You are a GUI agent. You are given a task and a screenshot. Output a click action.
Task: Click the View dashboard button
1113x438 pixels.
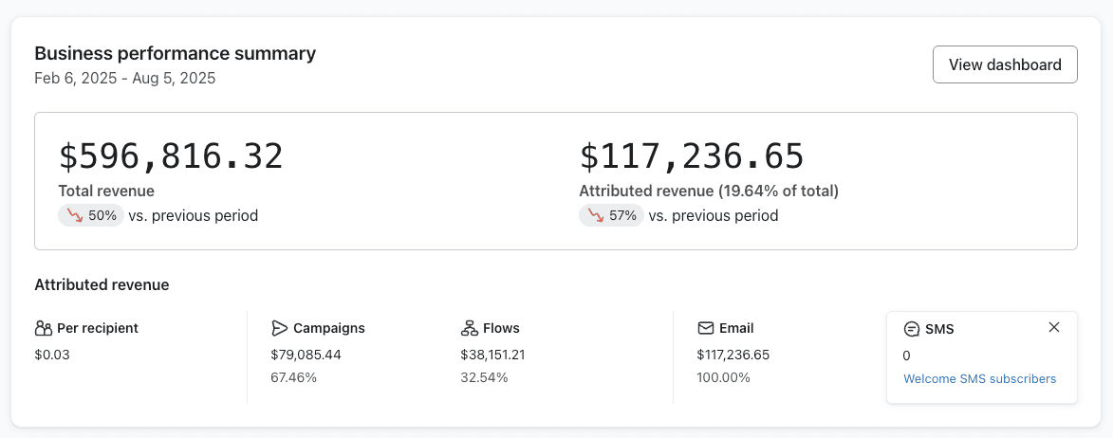tap(1005, 64)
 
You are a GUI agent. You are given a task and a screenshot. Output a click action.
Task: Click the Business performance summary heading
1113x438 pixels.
tap(175, 53)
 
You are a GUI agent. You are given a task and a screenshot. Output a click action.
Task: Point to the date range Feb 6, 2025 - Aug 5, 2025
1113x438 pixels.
tap(124, 78)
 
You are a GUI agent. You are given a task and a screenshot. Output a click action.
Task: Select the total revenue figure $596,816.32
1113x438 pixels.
tap(171, 156)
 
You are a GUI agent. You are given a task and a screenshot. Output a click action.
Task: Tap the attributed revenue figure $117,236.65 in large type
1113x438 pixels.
tap(692, 156)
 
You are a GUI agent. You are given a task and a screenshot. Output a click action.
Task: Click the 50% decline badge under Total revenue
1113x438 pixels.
tap(91, 215)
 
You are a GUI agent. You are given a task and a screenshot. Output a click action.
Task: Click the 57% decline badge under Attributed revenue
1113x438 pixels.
tap(611, 215)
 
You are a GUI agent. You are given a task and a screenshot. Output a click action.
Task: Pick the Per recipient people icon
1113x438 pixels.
tap(43, 328)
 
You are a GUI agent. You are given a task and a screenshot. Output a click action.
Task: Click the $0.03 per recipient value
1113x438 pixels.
tap(52, 355)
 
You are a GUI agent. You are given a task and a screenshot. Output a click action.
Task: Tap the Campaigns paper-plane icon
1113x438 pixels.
tap(279, 328)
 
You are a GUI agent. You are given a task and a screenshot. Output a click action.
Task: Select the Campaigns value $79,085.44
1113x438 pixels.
tap(306, 355)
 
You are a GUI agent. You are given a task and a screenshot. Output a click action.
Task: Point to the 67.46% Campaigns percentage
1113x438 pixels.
tap(293, 377)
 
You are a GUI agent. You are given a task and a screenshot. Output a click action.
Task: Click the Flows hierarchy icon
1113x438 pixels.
tap(469, 328)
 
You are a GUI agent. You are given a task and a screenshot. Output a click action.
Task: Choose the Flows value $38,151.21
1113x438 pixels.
tap(492, 355)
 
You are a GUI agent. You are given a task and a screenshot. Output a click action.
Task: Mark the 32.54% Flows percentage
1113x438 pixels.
tap(484, 377)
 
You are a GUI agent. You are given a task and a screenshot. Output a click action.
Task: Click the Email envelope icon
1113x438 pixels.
tap(705, 328)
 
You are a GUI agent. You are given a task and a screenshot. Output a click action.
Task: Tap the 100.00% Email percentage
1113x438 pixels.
tap(723, 377)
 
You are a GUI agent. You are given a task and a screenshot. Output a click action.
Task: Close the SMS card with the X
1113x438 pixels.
tap(1054, 327)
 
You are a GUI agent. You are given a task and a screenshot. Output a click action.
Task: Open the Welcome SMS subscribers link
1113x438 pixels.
tap(979, 378)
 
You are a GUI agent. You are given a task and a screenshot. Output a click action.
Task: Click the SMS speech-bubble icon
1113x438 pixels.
tap(912, 329)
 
